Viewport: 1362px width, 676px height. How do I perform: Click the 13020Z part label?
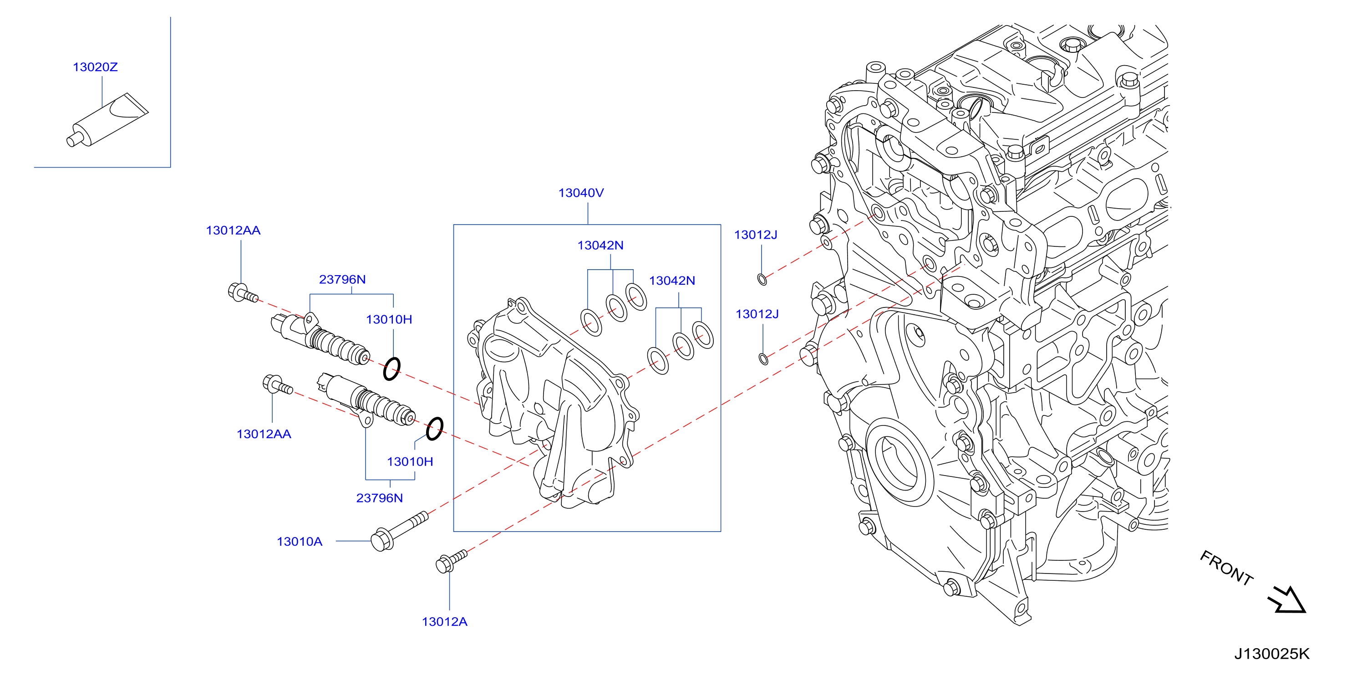pos(95,67)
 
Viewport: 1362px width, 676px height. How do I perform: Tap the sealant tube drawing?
pos(107,120)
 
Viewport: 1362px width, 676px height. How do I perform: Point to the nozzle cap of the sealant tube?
pos(72,140)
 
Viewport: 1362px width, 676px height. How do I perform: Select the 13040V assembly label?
pos(581,193)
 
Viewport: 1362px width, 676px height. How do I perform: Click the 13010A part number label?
pos(299,542)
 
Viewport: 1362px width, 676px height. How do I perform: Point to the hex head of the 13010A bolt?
pos(381,540)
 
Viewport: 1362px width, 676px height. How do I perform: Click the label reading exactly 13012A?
pos(444,622)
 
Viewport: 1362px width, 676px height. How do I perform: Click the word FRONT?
pos(1226,568)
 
